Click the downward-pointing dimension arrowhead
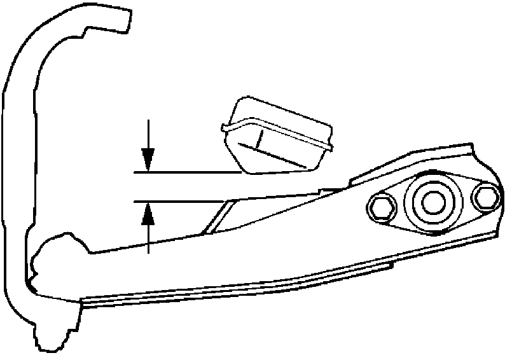[148, 158]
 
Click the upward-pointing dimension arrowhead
[148, 214]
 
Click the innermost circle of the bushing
[431, 202]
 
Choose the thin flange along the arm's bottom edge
[254, 289]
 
